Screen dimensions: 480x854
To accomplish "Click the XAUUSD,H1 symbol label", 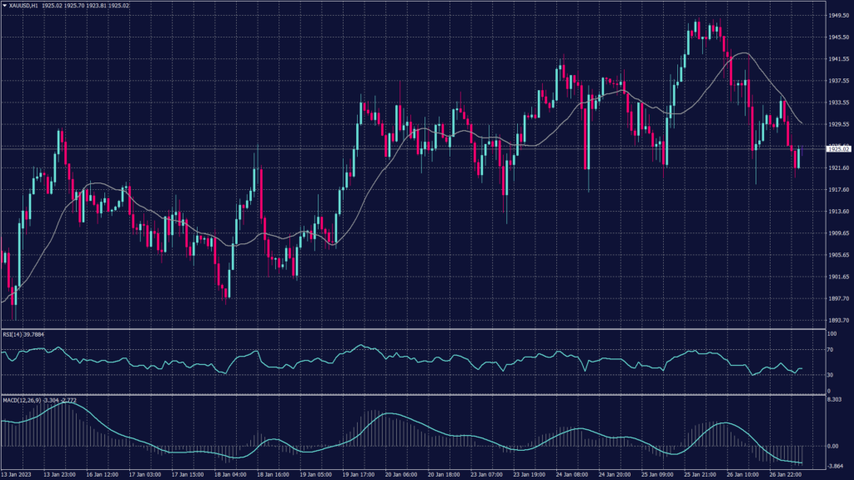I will pos(29,7).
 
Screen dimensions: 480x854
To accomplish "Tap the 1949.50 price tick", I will pos(838,16).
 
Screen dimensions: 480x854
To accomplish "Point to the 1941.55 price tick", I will pos(838,59).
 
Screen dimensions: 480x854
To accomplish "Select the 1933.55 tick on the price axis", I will pos(838,102).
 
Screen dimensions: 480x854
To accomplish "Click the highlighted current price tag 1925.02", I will pos(838,148).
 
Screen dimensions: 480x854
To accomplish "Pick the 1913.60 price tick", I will pos(838,212).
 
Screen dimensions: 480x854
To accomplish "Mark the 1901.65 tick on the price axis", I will pos(838,277).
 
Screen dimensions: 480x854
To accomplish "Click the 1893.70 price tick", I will pos(838,320).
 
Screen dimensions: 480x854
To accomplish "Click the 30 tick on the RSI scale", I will pos(831,375).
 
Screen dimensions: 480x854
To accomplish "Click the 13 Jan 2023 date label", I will pos(17,474).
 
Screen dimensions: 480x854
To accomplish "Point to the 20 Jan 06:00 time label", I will pos(400,474).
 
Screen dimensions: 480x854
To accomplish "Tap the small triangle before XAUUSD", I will pos(4,7).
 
